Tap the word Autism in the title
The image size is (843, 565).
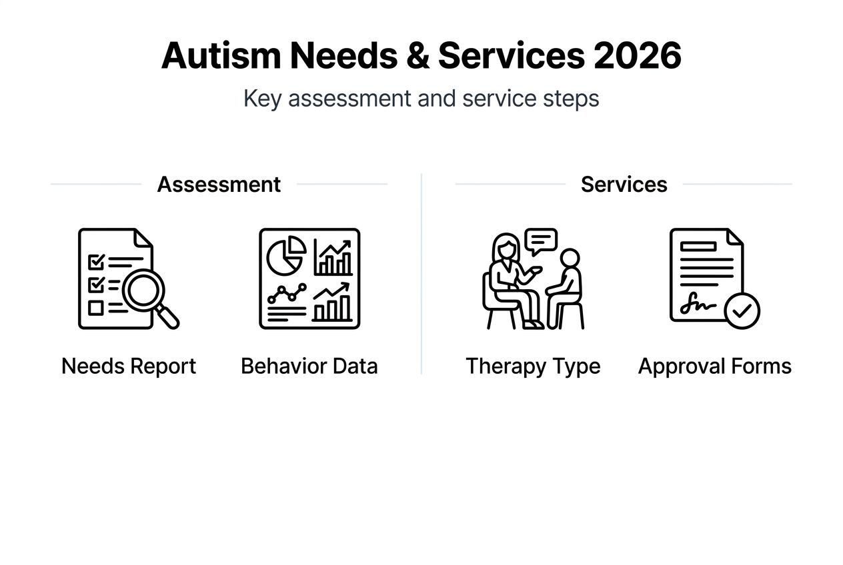pyautogui.click(x=220, y=56)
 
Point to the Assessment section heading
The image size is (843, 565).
pyautogui.click(x=219, y=185)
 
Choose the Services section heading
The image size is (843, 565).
pyautogui.click(x=624, y=185)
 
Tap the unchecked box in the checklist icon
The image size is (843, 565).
pyautogui.click(x=96, y=308)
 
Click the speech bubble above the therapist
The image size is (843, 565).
pyautogui.click(x=540, y=241)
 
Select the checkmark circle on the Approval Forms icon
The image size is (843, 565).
pyautogui.click(x=742, y=310)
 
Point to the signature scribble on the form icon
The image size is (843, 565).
pyautogui.click(x=697, y=306)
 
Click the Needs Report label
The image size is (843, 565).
pyautogui.click(x=129, y=366)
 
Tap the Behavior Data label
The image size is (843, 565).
pyautogui.click(x=309, y=366)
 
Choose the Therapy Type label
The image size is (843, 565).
pyautogui.click(x=533, y=366)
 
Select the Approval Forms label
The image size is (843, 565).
pyautogui.click(x=715, y=366)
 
